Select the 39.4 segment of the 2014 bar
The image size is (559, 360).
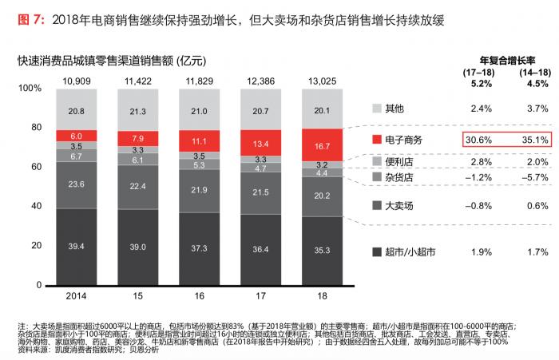(77, 246)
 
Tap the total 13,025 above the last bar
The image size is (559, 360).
(323, 81)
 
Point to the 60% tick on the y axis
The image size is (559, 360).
(35, 167)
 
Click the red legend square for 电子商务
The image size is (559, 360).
(377, 140)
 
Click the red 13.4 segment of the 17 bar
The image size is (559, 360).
(261, 144)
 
